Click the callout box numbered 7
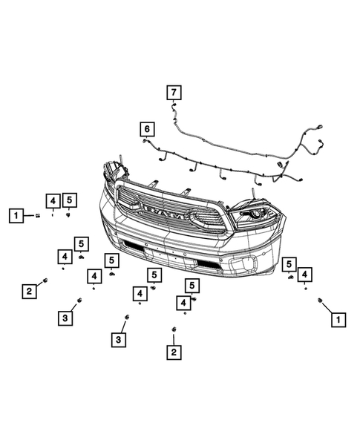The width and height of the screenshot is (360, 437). pyautogui.click(x=174, y=92)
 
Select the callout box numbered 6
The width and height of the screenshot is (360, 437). pyautogui.click(x=147, y=129)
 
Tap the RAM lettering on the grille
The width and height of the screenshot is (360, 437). pyautogui.click(x=164, y=212)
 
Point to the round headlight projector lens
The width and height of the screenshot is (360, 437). pyautogui.click(x=255, y=214)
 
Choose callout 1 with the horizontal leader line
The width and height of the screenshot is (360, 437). pyautogui.click(x=16, y=215)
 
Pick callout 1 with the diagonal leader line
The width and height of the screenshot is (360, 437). pyautogui.click(x=338, y=319)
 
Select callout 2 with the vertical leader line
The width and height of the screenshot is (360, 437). pyautogui.click(x=174, y=352)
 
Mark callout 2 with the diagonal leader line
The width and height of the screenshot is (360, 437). pyautogui.click(x=29, y=292)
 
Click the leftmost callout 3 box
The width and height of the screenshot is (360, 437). pyautogui.click(x=65, y=318)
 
